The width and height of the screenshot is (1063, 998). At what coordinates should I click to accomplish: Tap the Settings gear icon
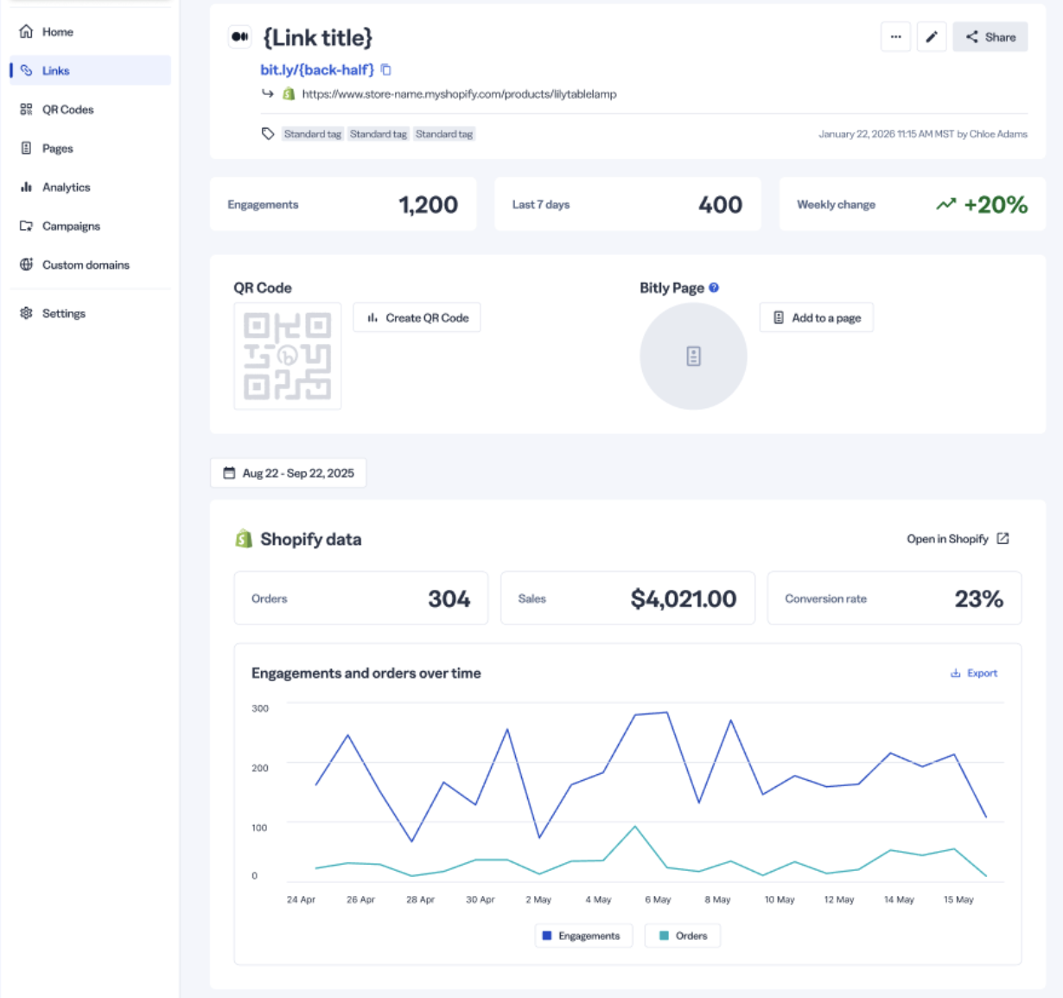coord(26,313)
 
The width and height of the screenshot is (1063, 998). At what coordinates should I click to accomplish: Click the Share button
coord(990,37)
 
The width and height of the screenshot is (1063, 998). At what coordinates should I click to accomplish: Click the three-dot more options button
coord(895,37)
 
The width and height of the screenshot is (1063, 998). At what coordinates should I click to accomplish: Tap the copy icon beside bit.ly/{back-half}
coord(386,70)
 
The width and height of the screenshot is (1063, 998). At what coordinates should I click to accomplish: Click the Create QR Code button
coord(417,317)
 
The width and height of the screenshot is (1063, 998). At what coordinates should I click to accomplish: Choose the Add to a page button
coord(816,317)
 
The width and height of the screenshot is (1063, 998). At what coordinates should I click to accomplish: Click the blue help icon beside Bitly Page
coord(714,288)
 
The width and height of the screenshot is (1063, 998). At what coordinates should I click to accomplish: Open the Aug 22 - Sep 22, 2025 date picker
coord(289,473)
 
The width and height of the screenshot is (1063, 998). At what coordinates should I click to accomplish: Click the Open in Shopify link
coord(958,539)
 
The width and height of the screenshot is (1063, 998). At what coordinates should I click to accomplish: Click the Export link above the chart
coord(974,673)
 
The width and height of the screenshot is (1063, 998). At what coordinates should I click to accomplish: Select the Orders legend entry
coord(683,936)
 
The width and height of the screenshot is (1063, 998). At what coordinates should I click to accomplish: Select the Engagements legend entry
coord(583,936)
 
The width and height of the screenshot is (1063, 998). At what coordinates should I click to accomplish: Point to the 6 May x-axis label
coord(658,899)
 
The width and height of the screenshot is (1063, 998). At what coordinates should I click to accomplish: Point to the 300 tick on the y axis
coord(260,708)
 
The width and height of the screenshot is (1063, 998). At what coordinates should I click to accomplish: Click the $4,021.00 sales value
coord(684,598)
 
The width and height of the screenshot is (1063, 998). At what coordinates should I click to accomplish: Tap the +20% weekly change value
coord(996,205)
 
